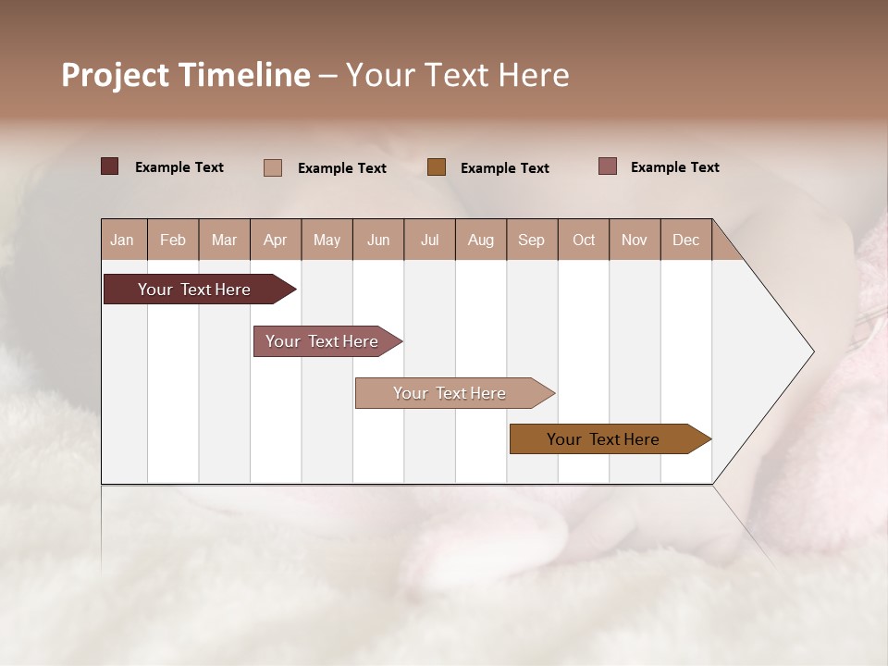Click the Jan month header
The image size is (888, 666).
[123, 240]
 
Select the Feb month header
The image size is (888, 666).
[173, 240]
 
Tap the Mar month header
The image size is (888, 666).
[224, 240]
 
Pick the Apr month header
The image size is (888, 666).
[276, 240]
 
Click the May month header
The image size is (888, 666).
[327, 240]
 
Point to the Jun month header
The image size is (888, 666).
[378, 240]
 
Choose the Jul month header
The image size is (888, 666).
[429, 240]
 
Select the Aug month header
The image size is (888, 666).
[481, 240]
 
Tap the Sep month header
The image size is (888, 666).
[532, 240]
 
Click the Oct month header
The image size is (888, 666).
[584, 240]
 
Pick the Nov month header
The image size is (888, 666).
[635, 240]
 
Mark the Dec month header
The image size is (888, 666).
[686, 240]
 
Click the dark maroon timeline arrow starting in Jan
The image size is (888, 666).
[194, 290]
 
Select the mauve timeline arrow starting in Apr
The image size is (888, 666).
[323, 341]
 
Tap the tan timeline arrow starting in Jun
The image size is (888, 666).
[450, 393]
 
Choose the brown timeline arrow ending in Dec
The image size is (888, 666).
[604, 439]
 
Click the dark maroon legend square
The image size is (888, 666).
[110, 166]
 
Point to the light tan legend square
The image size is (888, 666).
[273, 167]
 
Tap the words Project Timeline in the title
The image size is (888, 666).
[186, 75]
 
